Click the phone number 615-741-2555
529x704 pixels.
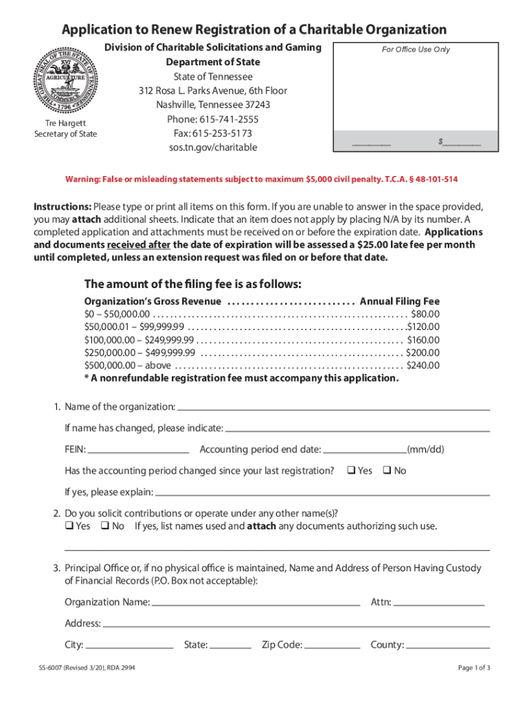pos(212,119)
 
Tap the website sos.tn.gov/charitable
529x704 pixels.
pos(212,148)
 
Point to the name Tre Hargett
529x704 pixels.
pos(66,123)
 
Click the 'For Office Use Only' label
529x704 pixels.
pos(416,49)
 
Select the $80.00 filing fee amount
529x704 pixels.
pos(425,313)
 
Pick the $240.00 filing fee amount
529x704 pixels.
pos(423,366)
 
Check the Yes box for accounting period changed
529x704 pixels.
pos(350,471)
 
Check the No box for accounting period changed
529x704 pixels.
pos(386,471)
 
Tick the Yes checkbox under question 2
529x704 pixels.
pos(69,527)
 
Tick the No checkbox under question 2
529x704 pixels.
pos(104,527)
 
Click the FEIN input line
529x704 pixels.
pos(139,453)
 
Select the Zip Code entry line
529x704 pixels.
pos(333,648)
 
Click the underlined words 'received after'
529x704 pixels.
pos(138,245)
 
